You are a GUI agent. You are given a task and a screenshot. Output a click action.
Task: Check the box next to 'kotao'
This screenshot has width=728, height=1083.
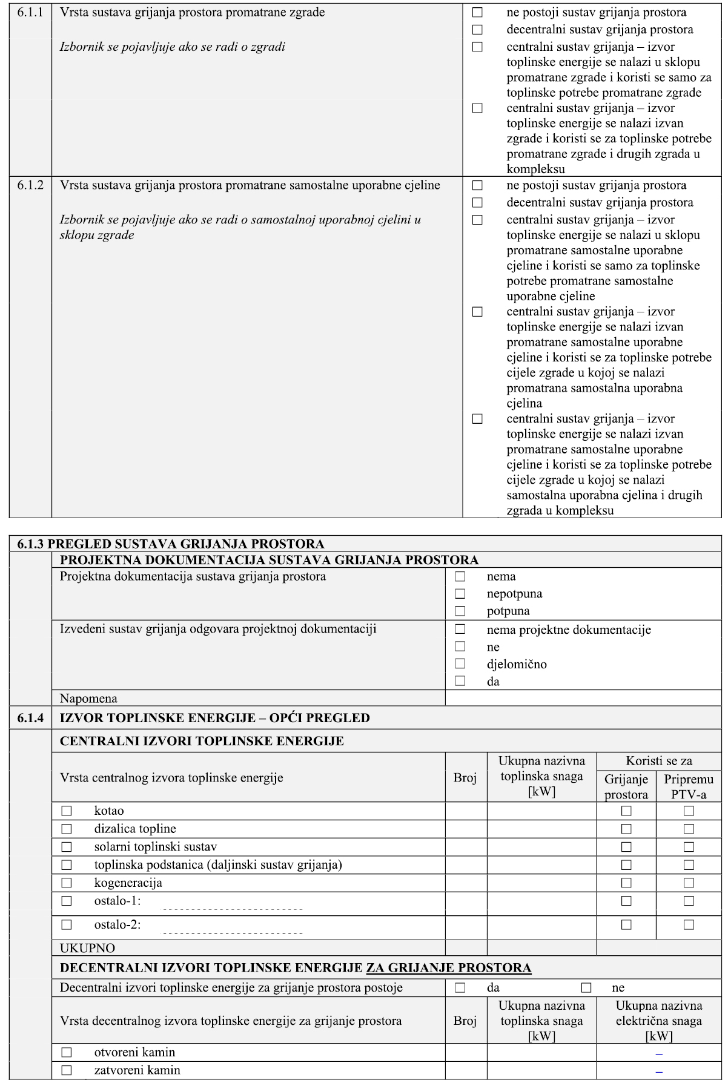click(66, 811)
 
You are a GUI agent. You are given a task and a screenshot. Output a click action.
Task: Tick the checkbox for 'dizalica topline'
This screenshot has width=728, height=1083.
click(66, 829)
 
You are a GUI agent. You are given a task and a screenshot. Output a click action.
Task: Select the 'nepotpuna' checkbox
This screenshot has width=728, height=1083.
click(460, 594)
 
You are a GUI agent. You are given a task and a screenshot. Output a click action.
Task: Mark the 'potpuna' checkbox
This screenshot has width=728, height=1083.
click(460, 611)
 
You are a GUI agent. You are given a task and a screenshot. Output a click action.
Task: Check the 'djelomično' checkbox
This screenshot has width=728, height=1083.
click(460, 664)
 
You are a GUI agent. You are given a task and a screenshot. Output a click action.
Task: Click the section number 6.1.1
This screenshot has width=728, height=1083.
click(30, 12)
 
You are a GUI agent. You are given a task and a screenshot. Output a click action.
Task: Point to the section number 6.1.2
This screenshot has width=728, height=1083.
click(30, 185)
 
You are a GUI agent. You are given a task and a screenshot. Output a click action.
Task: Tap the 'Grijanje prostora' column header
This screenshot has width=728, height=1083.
click(626, 787)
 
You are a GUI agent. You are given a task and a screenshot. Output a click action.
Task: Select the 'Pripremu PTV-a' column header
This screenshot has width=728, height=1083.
click(689, 787)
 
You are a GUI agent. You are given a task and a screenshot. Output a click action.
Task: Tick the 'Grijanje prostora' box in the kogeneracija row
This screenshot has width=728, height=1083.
click(626, 883)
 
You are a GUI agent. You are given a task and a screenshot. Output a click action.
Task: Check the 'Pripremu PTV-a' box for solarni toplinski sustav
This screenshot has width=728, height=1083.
click(689, 847)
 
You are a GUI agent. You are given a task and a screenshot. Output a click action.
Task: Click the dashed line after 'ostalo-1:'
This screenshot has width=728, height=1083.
click(233, 909)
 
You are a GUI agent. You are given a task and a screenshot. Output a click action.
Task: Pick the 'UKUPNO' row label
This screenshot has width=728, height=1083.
click(87, 948)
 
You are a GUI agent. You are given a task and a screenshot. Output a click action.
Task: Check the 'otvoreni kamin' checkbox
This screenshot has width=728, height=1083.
click(66, 1053)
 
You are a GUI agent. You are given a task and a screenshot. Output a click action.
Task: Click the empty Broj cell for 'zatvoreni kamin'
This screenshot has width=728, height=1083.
click(466, 1070)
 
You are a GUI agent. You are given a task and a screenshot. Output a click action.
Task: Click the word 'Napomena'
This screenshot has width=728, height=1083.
click(88, 699)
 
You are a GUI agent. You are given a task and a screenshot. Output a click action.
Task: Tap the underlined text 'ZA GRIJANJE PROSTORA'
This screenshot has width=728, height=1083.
click(449, 968)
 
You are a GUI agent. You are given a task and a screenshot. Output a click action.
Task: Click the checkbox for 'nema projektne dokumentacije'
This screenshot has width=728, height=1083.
click(460, 630)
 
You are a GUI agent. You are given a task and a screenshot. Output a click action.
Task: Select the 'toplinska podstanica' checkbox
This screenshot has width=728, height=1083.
click(66, 865)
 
